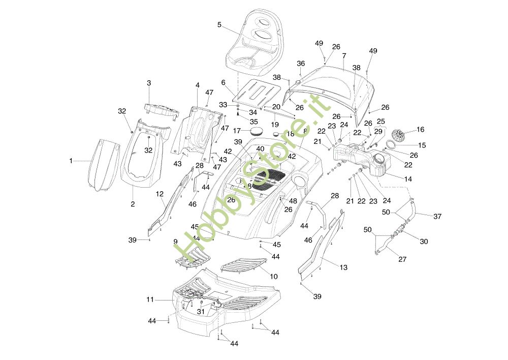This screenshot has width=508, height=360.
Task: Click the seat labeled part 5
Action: click(x=254, y=43)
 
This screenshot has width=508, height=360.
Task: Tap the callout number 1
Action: click(x=71, y=161)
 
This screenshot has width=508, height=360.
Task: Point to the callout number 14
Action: click(x=408, y=179)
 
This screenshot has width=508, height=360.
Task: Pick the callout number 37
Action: click(x=437, y=216)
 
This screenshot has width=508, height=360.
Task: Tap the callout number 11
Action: click(x=150, y=300)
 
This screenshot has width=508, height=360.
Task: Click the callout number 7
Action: click(x=344, y=55)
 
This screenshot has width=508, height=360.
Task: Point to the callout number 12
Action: click(x=160, y=194)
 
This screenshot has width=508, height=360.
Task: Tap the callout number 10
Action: click(x=274, y=277)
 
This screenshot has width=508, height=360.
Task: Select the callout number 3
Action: click(x=149, y=82)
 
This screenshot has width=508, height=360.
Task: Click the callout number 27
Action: click(x=402, y=259)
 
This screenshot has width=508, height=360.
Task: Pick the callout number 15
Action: click(x=422, y=145)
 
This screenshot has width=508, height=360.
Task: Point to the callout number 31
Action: click(x=201, y=311)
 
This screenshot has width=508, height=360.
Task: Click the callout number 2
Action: click(x=133, y=204)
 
